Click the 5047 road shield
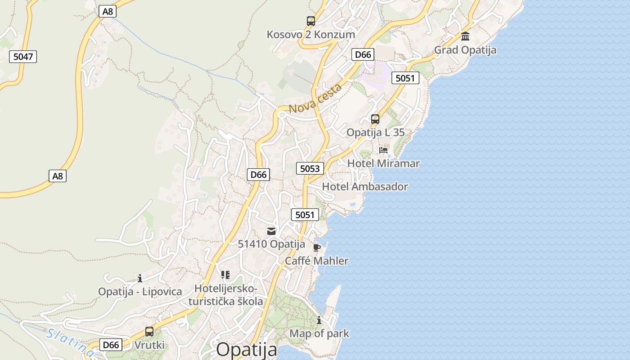23,57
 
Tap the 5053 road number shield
310,169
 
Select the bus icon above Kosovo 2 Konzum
311,21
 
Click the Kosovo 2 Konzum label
311,35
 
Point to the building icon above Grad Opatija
465,36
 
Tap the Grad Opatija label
465,50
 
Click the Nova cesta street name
315,99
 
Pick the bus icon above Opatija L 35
375,119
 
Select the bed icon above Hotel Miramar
383,150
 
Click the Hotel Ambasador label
365,187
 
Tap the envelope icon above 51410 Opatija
271,231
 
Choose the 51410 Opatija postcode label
271,244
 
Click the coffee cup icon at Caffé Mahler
317,247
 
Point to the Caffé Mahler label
317,261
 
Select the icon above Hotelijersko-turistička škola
225,274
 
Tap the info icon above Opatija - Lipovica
140,278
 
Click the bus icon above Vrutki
149,332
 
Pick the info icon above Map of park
319,320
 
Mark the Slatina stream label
70,342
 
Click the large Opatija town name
247,350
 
